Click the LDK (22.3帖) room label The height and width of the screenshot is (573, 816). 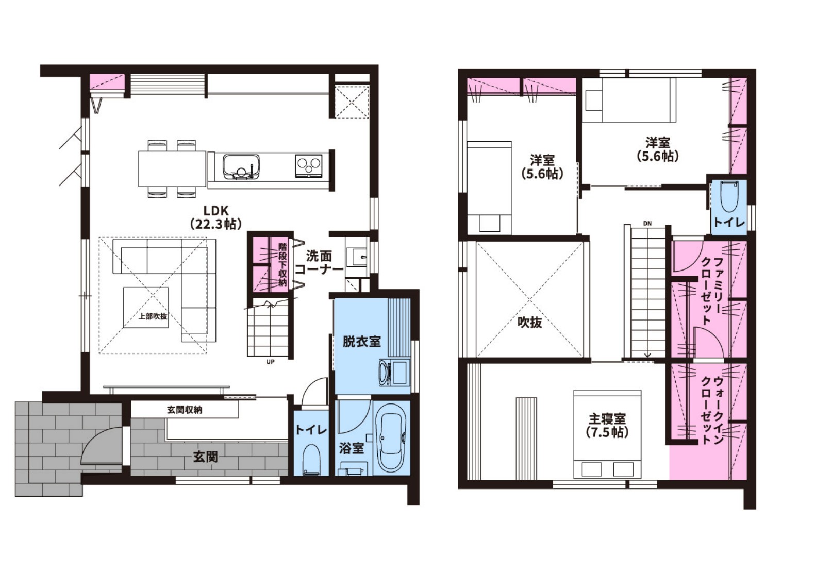point(215,217)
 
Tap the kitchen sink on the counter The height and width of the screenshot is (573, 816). point(241,167)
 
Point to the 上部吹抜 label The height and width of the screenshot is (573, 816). point(153,316)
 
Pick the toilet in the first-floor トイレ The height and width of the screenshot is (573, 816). point(311,460)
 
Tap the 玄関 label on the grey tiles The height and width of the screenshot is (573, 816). point(206,457)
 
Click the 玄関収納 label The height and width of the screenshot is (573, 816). point(185,410)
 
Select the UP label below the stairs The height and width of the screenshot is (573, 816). point(270,362)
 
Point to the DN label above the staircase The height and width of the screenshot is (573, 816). point(647,224)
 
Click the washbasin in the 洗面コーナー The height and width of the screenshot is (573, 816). point(357,257)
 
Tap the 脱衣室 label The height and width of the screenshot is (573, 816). point(361,342)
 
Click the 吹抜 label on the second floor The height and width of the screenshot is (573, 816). point(530,322)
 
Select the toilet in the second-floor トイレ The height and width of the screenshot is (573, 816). point(729,196)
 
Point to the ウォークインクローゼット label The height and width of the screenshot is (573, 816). point(712,410)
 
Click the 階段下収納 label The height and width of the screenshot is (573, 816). point(282,265)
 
